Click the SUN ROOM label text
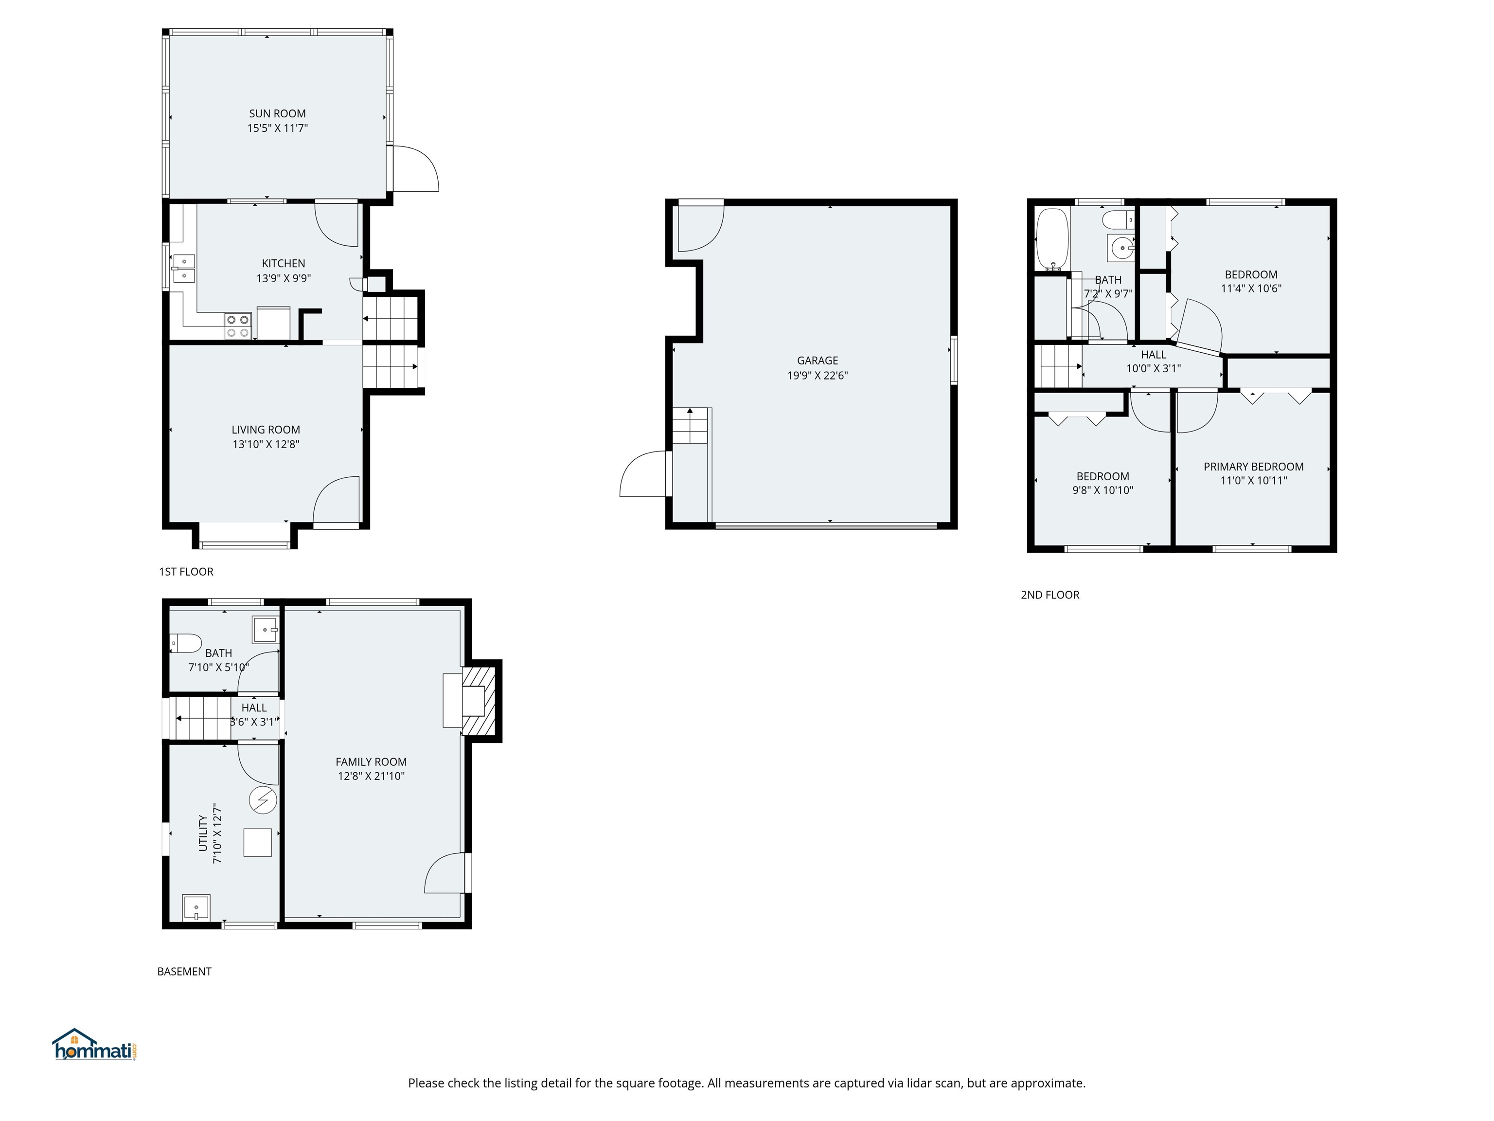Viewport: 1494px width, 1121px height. pos(277,113)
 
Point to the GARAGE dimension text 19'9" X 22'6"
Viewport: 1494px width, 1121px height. pos(817,376)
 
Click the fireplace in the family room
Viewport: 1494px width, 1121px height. pos(478,701)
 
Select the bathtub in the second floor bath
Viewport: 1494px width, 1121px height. pos(1051,238)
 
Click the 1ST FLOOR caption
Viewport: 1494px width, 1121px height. pos(186,572)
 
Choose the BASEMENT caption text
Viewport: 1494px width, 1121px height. pos(184,972)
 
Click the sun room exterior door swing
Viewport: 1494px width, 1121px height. pos(415,169)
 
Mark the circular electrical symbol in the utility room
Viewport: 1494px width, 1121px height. pos(263,800)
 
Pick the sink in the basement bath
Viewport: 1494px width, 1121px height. pos(266,630)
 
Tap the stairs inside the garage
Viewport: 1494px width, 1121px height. pos(690,426)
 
